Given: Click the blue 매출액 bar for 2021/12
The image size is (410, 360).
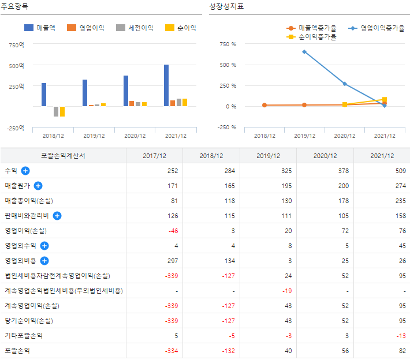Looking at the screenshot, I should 166,85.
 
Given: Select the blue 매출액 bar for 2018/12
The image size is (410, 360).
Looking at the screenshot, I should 44,95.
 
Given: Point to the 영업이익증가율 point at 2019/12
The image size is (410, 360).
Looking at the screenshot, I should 304,52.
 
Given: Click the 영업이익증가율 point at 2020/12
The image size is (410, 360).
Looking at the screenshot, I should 345,84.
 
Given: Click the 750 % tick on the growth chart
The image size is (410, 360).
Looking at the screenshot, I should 229,44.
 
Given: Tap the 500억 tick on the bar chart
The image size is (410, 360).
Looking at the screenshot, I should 17,65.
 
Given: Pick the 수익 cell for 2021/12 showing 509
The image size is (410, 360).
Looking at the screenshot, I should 398,171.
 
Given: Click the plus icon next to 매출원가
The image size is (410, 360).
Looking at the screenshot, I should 38,186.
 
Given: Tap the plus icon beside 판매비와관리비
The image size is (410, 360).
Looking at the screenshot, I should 57,216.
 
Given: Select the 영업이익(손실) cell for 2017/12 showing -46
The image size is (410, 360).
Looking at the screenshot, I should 172,231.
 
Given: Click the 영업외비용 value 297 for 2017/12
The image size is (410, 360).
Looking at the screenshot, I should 172,261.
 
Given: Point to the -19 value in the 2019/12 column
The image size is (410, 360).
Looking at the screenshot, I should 286,291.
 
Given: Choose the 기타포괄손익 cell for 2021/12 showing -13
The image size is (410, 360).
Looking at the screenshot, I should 398,335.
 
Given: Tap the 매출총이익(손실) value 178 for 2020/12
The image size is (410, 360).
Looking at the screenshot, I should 342,201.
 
